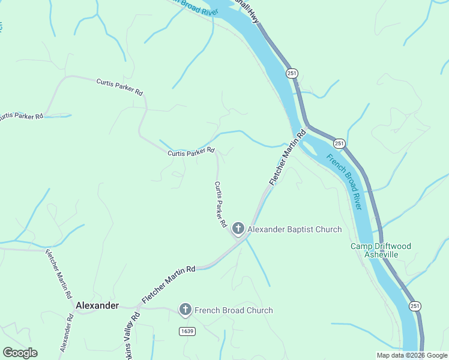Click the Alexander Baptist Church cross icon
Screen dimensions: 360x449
tap(238, 228)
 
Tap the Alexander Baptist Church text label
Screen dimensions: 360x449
tap(295, 229)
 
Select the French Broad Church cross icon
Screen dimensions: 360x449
tap(185, 310)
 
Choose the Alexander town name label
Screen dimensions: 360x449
tap(97, 305)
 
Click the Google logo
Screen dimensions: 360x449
tap(20, 353)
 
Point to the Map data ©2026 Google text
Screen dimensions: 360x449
tap(412, 355)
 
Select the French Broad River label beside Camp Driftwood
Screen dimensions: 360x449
tap(344, 181)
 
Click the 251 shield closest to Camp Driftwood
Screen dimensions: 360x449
tap(415, 306)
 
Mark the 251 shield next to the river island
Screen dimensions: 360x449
tap(339, 143)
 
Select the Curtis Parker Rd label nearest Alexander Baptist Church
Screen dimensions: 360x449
tap(220, 205)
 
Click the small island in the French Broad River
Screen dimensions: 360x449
tap(308, 146)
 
